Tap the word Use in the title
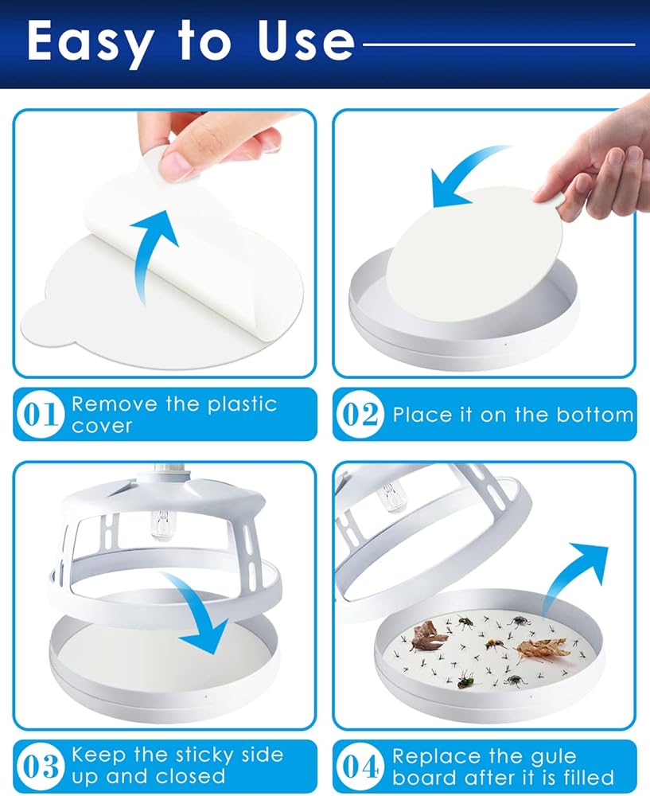[x=306, y=41]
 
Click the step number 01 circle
[x=40, y=414]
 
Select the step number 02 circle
[x=360, y=414]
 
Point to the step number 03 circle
[x=40, y=767]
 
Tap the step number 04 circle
[x=360, y=767]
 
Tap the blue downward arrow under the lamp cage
[x=199, y=609]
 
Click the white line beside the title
[x=499, y=45]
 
